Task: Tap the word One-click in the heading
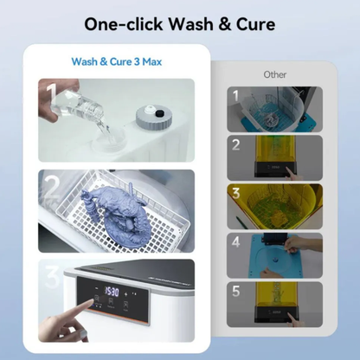(x=126, y=22)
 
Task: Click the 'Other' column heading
(x=275, y=74)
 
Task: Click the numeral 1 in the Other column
(x=235, y=94)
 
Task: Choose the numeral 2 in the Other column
(x=235, y=144)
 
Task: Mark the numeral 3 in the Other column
(x=235, y=192)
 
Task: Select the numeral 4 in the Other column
(x=235, y=241)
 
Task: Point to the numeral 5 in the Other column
(x=235, y=292)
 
